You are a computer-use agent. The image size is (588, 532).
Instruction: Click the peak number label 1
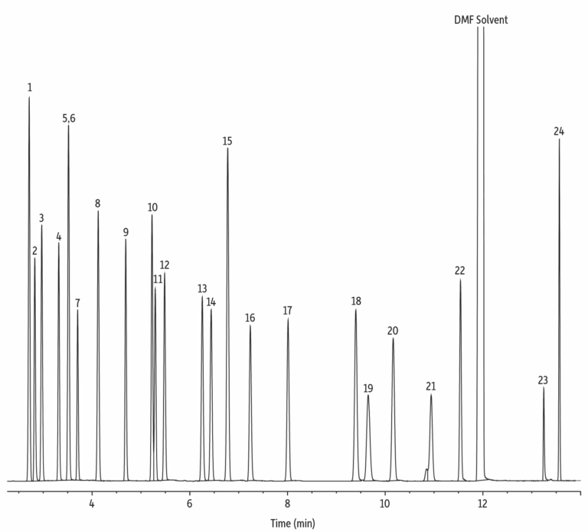coord(29,86)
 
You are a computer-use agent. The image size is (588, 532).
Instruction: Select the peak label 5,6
coord(69,118)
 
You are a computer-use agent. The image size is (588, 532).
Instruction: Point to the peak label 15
coord(227,141)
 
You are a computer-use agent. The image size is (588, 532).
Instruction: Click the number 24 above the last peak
coord(559,132)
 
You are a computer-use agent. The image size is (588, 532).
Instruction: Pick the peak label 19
coord(368,388)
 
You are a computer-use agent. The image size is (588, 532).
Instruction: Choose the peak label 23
coord(543,380)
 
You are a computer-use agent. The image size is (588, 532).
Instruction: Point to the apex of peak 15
coord(227,149)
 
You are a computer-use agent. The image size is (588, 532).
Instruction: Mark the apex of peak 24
coord(559,139)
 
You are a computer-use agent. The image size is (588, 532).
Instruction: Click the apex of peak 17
coord(288,318)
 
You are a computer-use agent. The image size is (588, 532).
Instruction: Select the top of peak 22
coord(460,279)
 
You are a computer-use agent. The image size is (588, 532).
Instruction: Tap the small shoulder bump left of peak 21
coord(426,469)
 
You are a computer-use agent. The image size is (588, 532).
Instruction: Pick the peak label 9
coord(126,232)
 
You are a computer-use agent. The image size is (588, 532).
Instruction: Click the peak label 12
coord(165,265)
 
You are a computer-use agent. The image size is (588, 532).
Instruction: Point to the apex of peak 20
coord(393,338)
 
